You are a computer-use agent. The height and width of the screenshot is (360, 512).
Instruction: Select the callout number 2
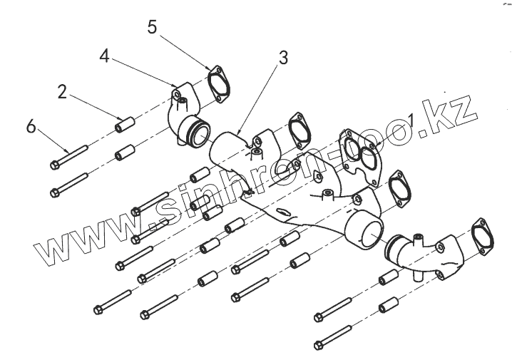point(62,91)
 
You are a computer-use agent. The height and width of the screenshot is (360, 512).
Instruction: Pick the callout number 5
point(151,27)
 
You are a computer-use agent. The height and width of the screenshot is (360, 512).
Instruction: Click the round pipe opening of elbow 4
point(195,133)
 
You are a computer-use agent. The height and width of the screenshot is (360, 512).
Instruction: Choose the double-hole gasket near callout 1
point(360,151)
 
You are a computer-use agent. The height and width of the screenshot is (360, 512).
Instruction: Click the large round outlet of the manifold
point(364,232)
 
